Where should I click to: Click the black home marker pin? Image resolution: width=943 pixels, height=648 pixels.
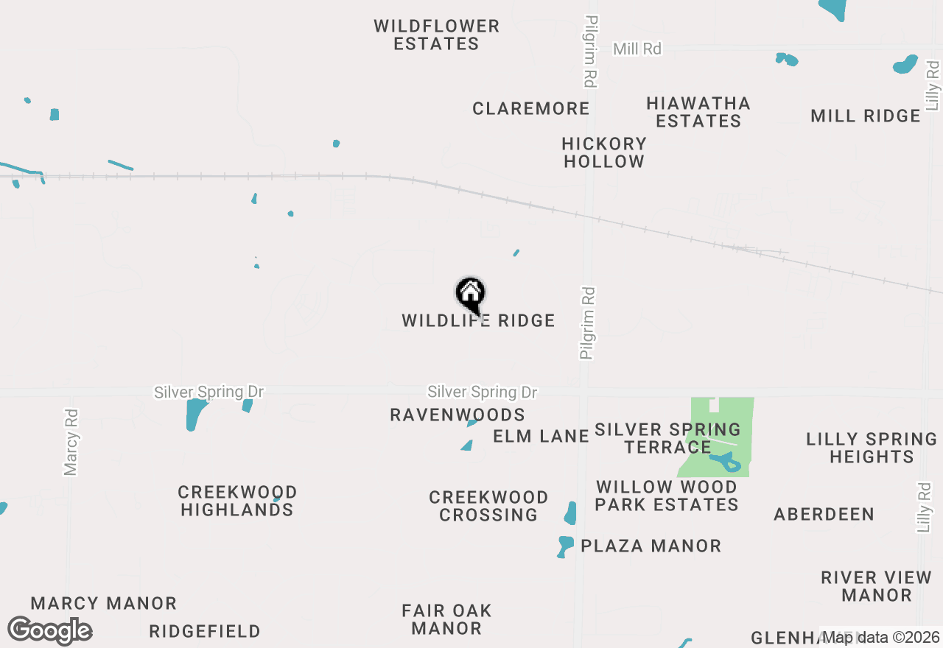[471, 295]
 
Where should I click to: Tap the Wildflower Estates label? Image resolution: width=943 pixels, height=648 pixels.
[436, 35]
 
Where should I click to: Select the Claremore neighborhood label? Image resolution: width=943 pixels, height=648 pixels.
[531, 109]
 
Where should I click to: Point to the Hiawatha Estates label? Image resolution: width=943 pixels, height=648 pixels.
[698, 112]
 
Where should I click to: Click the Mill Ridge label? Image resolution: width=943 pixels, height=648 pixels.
[865, 116]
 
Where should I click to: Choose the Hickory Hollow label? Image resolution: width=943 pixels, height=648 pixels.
[604, 152]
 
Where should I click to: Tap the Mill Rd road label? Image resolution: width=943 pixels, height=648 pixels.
[637, 49]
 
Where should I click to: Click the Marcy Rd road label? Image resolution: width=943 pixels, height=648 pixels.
[71, 442]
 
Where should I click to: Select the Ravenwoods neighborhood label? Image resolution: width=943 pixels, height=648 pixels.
[458, 415]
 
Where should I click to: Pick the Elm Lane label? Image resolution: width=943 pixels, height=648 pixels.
[541, 437]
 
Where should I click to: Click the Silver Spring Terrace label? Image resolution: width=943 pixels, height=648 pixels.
[667, 438]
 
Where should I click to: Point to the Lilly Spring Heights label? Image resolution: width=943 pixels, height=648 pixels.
[872, 448]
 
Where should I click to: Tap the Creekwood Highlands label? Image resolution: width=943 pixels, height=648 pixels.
[237, 501]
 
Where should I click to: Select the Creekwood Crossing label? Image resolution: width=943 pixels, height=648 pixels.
[488, 506]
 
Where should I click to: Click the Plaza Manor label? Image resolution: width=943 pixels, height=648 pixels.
[651, 546]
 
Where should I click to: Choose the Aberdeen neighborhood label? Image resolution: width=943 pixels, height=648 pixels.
[824, 515]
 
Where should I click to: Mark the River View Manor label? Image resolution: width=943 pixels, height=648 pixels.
[877, 586]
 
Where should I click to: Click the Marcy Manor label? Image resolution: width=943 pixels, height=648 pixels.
[103, 604]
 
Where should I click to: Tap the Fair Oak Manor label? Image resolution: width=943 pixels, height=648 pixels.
[446, 619]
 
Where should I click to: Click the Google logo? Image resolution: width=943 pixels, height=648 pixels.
[49, 631]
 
